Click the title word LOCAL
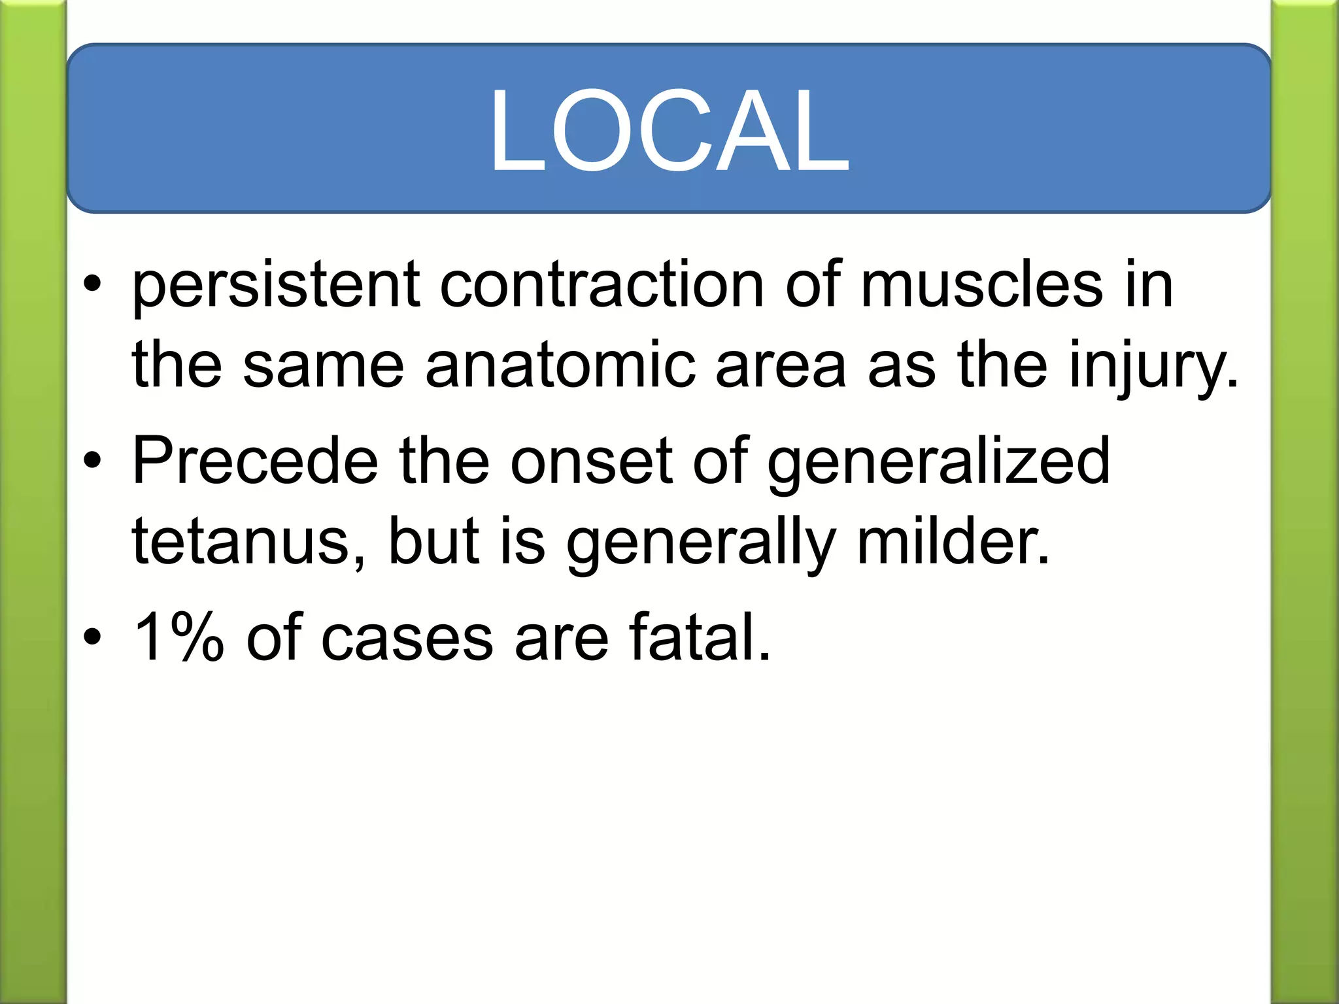(669, 131)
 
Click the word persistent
(275, 286)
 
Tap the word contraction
(602, 286)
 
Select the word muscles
(981, 286)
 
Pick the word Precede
(255, 461)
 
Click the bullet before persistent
(92, 285)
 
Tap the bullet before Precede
(92, 461)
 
